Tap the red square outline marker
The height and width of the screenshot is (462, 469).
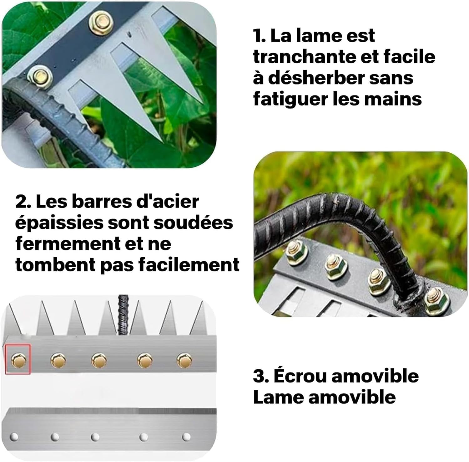point(18,359)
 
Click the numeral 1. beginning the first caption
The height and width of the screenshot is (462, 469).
point(259,36)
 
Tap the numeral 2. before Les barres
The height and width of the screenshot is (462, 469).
point(23,202)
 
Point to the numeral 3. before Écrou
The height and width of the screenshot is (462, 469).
point(261,376)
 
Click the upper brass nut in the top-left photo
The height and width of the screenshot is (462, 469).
point(101,23)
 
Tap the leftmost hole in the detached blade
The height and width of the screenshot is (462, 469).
point(14,436)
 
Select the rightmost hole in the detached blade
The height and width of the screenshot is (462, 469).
point(186,436)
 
